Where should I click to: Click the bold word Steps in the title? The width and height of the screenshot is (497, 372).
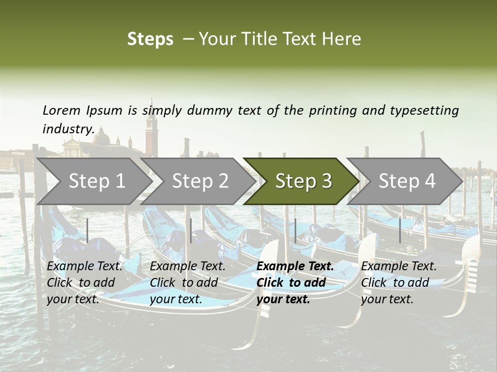coord(150,39)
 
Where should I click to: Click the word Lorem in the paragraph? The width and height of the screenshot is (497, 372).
coord(62,110)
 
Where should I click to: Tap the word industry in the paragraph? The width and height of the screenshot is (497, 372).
coord(68,129)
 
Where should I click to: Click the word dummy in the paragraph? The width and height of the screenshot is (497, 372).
coord(213,111)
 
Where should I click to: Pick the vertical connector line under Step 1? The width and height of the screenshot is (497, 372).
coord(87,230)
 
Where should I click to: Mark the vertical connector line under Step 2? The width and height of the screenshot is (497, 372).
coord(191,230)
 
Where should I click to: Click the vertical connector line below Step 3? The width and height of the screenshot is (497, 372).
coord(295,230)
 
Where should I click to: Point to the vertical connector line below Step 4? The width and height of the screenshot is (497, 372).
coord(400,230)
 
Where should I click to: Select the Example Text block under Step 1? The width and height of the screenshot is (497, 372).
coord(84,283)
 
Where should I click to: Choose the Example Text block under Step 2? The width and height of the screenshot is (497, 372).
coord(187,283)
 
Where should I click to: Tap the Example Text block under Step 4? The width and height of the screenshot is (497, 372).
coord(399,283)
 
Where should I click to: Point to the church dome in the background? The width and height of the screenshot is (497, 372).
coord(103,138)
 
